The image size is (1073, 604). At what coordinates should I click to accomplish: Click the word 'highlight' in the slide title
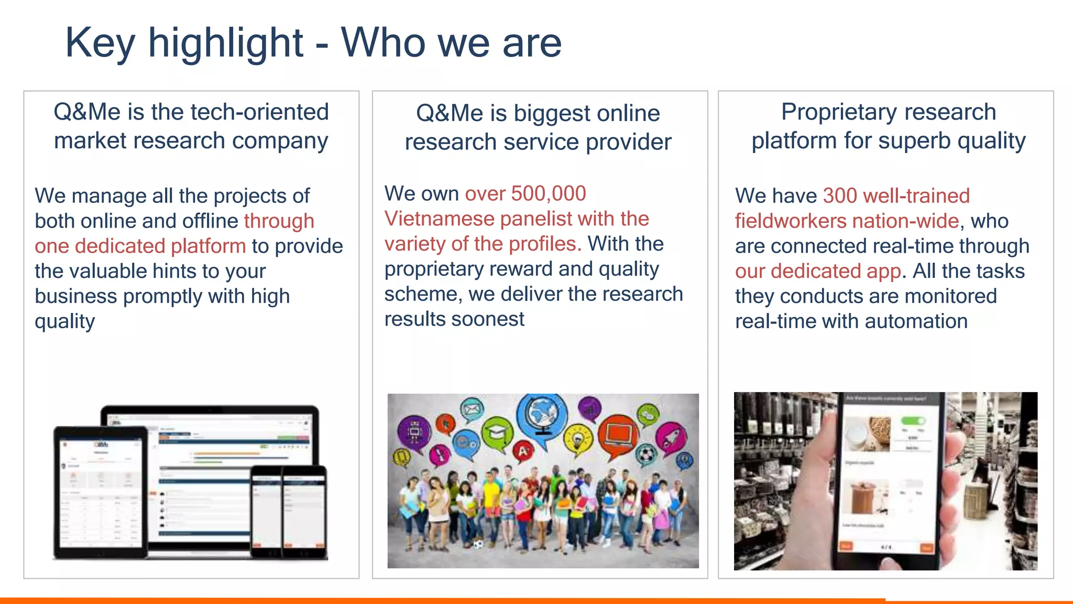tap(225, 43)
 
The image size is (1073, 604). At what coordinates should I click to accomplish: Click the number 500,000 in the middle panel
tap(548, 193)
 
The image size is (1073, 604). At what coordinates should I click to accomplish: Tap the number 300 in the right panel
tap(840, 196)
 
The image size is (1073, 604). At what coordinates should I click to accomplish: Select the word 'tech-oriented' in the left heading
tap(259, 112)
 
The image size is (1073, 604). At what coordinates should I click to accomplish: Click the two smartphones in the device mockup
tap(289, 511)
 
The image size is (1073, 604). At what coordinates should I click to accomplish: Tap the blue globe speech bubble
tap(541, 417)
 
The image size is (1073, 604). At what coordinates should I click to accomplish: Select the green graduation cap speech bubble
tap(496, 434)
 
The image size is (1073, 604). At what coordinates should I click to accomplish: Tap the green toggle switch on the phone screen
tap(913, 420)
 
